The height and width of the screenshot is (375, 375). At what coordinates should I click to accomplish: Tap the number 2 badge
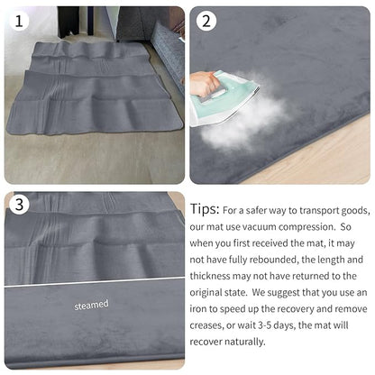click(x=206, y=21)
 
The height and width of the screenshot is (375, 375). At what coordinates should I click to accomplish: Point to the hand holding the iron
click(x=205, y=84)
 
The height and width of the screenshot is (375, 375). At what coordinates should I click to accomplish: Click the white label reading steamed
click(x=91, y=305)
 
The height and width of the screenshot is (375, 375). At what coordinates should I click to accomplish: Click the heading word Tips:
click(x=205, y=209)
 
